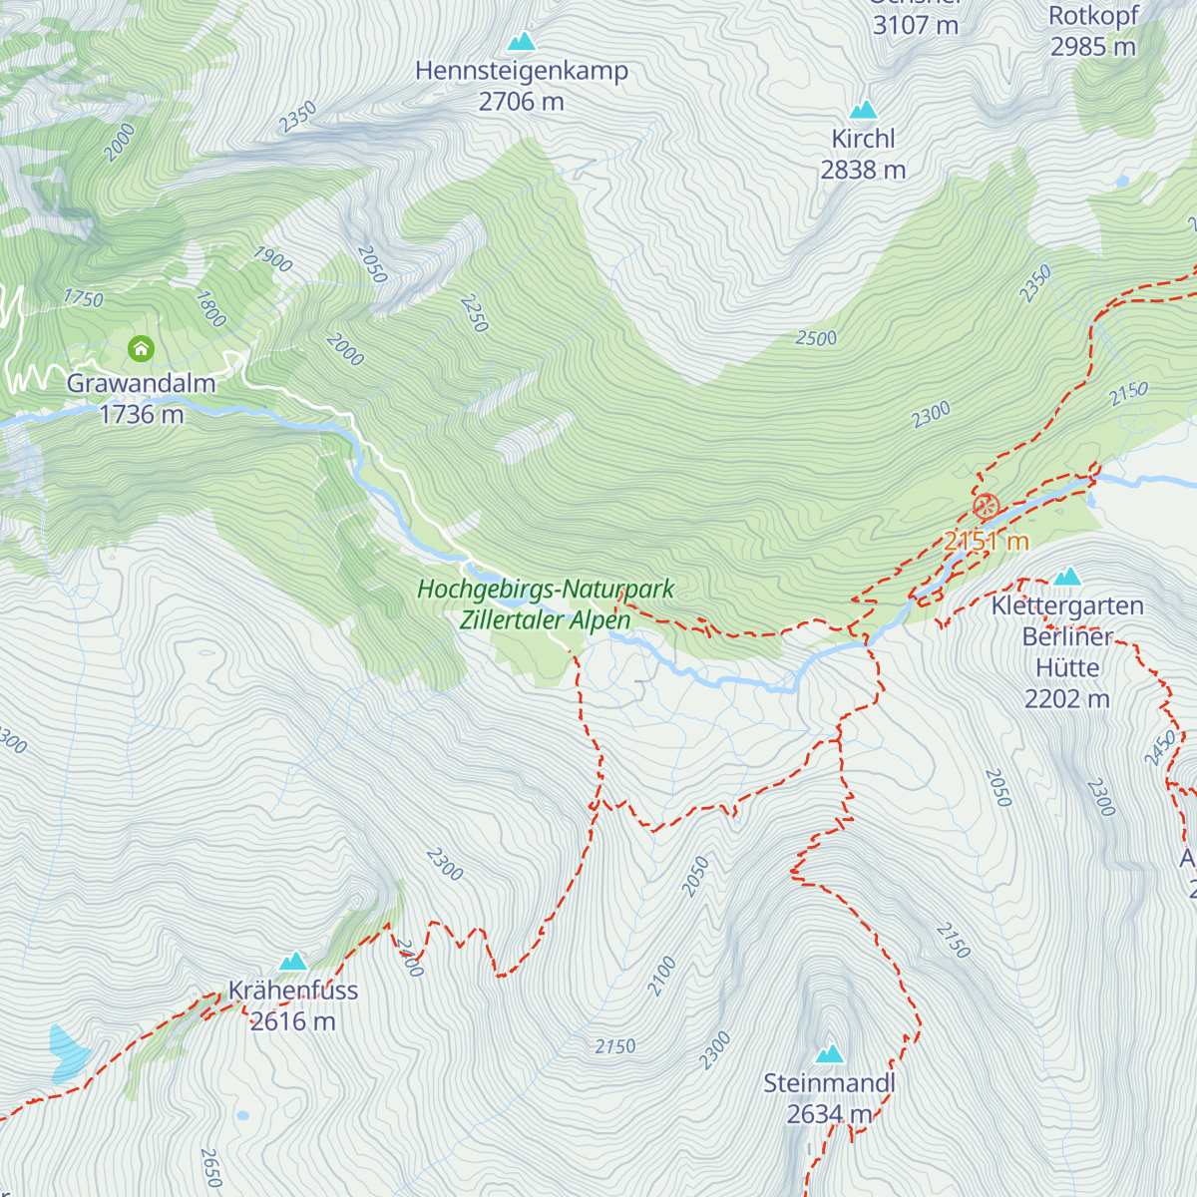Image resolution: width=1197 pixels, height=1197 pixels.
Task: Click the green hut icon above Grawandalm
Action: (141, 348)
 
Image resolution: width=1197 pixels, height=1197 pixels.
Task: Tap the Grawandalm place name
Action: (141, 383)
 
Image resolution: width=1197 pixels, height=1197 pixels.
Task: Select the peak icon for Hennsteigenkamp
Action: (521, 42)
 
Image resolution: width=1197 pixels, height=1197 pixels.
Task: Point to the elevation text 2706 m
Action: (521, 102)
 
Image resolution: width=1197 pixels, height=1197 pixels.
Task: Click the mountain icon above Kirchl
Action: (863, 110)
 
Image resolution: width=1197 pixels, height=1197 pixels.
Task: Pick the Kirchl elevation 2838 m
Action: (863, 171)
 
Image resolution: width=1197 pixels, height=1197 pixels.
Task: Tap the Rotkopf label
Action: (1093, 16)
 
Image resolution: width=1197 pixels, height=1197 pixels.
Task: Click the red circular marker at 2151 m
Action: (986, 507)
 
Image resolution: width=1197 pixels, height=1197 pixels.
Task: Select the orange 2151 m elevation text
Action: (986, 541)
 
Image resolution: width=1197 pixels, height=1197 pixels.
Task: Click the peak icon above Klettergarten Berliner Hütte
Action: (1067, 577)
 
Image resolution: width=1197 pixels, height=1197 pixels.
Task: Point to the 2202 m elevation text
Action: (1066, 699)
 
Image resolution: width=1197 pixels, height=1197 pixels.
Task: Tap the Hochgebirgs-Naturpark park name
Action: (546, 590)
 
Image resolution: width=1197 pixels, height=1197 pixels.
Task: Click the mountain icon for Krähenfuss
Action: (292, 962)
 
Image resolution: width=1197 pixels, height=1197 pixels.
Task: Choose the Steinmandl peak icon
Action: (829, 1054)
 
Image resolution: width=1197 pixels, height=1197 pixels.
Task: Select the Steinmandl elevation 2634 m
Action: (829, 1114)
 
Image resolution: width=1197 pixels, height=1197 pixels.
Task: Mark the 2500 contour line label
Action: (816, 338)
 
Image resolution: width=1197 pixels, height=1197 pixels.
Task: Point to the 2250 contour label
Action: (475, 313)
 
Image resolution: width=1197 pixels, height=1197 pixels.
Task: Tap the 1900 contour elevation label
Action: (272, 259)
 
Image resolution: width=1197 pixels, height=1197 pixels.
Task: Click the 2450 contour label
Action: (1160, 748)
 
